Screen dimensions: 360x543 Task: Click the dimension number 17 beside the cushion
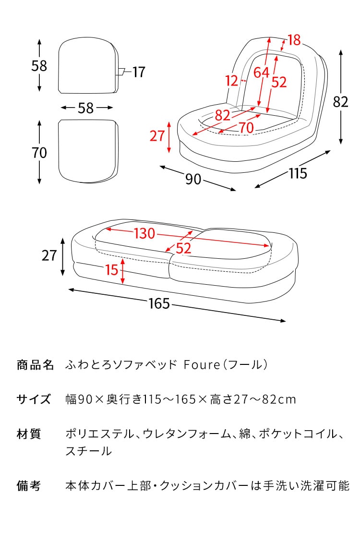pyautogui.click(x=138, y=72)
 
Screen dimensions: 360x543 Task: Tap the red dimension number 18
pyautogui.click(x=294, y=40)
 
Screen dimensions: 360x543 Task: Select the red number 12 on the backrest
pyautogui.click(x=231, y=81)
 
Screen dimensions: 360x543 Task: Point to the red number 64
pyautogui.click(x=261, y=72)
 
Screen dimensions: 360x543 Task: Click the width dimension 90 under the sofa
pyautogui.click(x=193, y=179)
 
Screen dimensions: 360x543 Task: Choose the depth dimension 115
pyautogui.click(x=298, y=173)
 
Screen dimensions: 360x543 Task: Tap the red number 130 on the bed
pyautogui.click(x=144, y=234)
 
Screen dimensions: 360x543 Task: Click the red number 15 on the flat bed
pyautogui.click(x=112, y=270)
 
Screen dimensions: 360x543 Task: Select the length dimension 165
pyautogui.click(x=159, y=304)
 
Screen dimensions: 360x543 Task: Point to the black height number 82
pyautogui.click(x=340, y=102)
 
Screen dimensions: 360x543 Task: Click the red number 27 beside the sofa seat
pyautogui.click(x=157, y=136)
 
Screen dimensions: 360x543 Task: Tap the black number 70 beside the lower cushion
pyautogui.click(x=39, y=153)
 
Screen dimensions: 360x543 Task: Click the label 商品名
pyautogui.click(x=35, y=365)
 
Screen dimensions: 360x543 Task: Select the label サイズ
pyautogui.click(x=34, y=399)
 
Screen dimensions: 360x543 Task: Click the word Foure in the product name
pyautogui.click(x=202, y=365)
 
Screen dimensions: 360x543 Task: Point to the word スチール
pyautogui.click(x=89, y=451)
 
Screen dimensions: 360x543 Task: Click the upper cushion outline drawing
pyautogui.click(x=89, y=65)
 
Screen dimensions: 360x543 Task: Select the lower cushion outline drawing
pyautogui.click(x=88, y=151)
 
